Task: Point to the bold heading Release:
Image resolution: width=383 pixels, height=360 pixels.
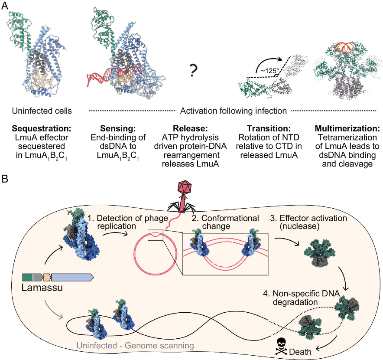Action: tap(187, 129)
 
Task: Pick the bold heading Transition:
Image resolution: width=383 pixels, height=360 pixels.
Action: tap(265, 129)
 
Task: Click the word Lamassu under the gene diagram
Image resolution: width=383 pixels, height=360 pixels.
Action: tap(42, 288)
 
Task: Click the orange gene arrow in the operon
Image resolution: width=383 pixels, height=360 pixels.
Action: tap(47, 277)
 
